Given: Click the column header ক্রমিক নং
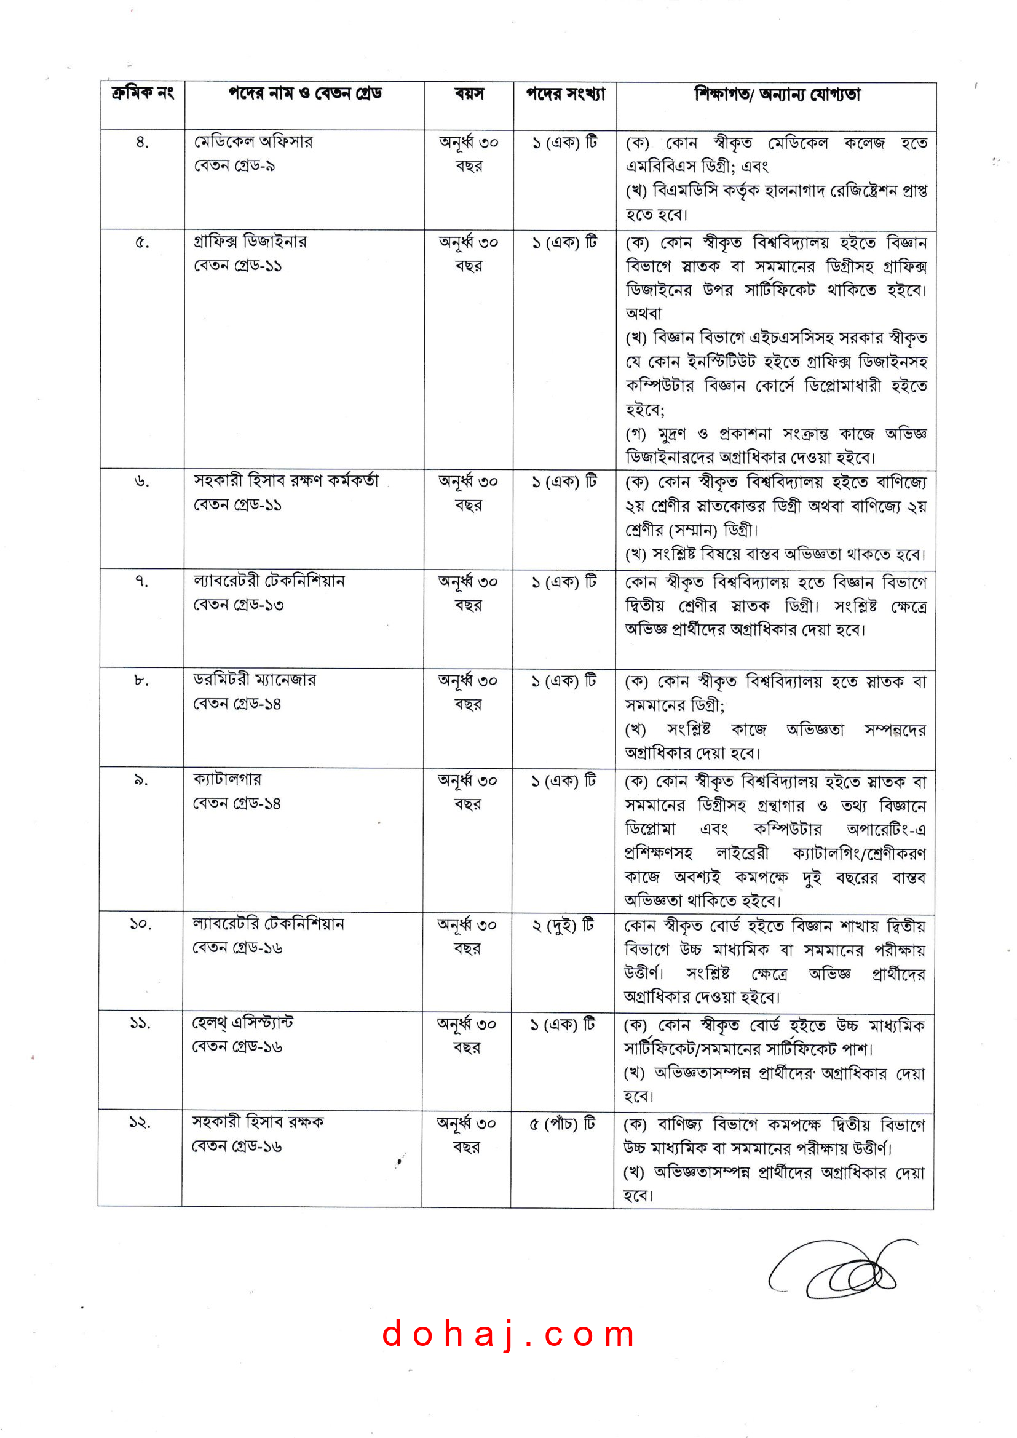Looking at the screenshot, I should point(142,94).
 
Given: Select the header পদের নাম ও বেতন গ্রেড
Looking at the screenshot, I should point(305,94).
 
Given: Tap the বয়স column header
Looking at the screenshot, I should point(469,95).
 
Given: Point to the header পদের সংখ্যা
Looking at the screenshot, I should point(566,95).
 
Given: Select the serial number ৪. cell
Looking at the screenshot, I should point(142,143).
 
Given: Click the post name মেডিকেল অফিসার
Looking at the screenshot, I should point(253,141).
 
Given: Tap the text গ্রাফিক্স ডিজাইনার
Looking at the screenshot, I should point(250,242).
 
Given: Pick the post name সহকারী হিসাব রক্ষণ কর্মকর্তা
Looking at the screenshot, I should point(286,480).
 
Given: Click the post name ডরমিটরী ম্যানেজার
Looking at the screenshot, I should point(255,680).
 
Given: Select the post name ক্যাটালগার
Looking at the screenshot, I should point(228,779).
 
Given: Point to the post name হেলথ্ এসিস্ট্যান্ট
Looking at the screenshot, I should point(242,1022).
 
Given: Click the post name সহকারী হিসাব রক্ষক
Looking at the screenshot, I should point(258,1121).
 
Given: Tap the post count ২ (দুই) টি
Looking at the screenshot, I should point(563,925).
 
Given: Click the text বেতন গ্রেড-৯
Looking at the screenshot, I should point(234,166).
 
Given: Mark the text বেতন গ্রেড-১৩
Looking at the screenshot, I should point(238,605).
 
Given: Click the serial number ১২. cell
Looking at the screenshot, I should point(140,1122).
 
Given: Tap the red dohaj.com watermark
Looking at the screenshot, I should point(509,1333).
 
